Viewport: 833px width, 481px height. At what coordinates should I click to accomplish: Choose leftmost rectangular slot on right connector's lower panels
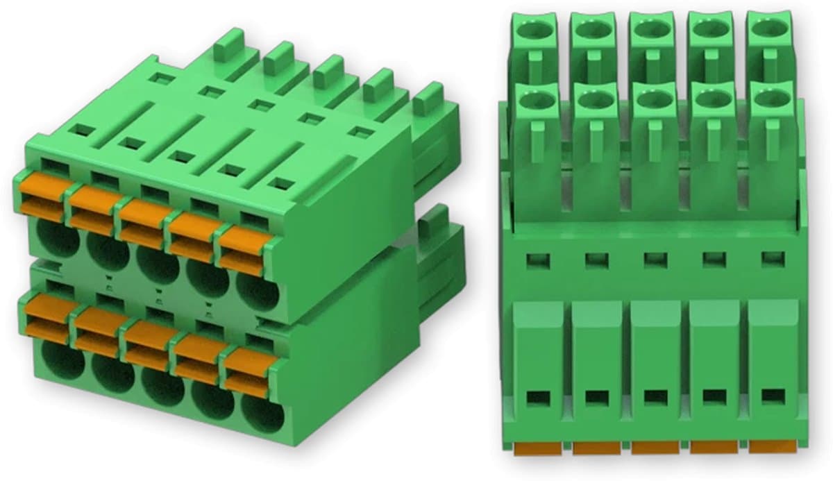[537, 399]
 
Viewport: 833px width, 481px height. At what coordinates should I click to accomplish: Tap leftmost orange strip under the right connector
[538, 450]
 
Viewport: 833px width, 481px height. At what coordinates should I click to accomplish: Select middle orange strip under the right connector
[655, 448]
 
